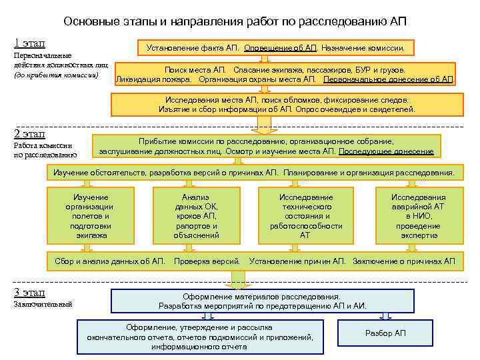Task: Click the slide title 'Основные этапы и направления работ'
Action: [x=235, y=21]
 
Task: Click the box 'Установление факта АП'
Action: [x=275, y=48]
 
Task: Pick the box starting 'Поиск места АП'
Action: [x=285, y=75]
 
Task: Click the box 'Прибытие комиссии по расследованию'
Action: [x=266, y=147]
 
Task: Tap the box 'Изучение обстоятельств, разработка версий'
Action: [x=253, y=173]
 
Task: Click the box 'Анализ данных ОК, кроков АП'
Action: [x=196, y=216]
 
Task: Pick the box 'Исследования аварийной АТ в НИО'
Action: [x=418, y=216]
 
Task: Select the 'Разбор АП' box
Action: [x=385, y=333]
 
